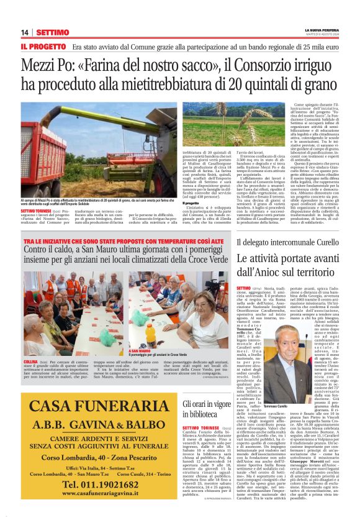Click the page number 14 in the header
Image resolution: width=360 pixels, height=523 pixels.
point(24,32)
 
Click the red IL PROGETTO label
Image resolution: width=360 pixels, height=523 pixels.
point(42,47)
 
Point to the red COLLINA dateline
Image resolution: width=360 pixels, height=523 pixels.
point(30,361)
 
